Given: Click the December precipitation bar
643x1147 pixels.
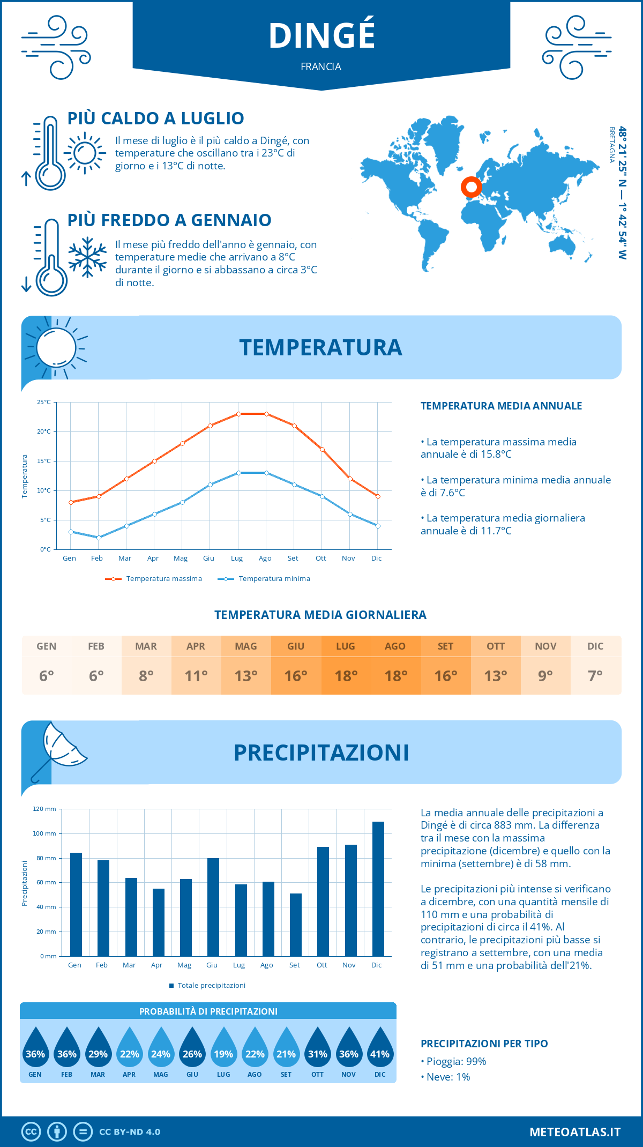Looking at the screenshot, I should [378, 889].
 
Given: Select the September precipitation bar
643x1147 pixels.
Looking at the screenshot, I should [296, 925].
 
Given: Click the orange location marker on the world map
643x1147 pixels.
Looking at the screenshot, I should [472, 187].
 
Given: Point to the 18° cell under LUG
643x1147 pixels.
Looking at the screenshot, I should [346, 676].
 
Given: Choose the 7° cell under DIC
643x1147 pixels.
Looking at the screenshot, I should [595, 676].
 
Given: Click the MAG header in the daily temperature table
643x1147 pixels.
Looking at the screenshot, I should [246, 646].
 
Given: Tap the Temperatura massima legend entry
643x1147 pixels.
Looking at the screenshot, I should [154, 579].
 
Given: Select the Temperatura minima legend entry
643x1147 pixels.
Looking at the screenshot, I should [264, 579].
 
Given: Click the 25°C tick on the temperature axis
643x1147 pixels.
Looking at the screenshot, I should [44, 402].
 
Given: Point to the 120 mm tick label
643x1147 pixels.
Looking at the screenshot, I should [44, 809].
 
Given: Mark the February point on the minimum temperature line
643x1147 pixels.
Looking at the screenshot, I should [99, 538].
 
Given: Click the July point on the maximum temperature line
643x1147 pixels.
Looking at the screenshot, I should [238, 414].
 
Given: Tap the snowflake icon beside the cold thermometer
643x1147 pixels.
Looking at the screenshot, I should [87, 257].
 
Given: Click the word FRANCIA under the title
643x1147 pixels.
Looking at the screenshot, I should [321, 66].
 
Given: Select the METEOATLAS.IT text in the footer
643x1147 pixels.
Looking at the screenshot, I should [575, 1132].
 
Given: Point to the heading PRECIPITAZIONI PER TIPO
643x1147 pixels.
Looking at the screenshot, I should [484, 1044].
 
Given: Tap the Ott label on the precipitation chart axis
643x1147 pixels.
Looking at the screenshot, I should [322, 965].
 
